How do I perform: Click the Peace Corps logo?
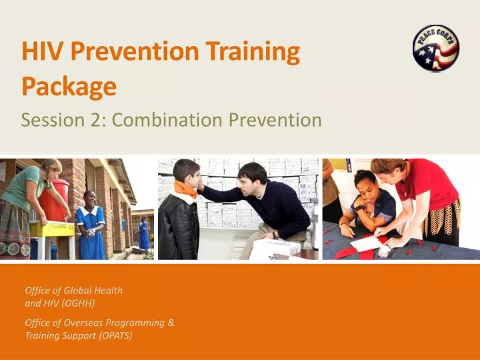435,48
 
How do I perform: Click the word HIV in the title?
41,52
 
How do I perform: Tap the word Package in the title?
69,86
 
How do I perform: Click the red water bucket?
53,200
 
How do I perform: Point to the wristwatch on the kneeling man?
275,235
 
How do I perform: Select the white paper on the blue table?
367,244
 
